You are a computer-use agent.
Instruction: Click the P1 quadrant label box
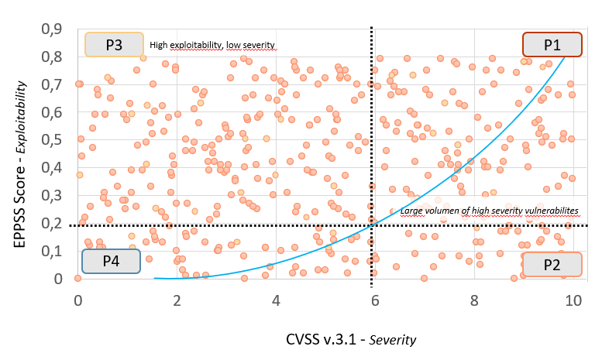click(552, 45)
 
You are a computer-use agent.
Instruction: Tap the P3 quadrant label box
click(113, 45)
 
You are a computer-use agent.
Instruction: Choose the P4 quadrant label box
click(111, 261)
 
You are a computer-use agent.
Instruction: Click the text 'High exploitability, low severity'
click(212, 45)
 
